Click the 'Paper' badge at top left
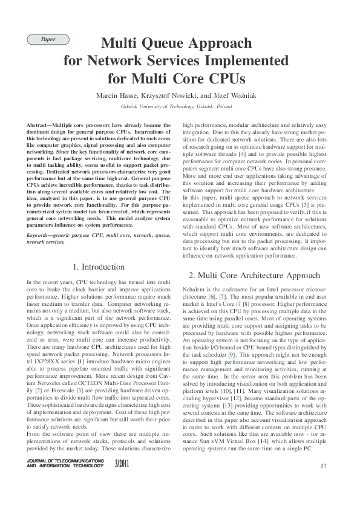48,39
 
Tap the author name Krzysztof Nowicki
171,96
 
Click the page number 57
323,482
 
